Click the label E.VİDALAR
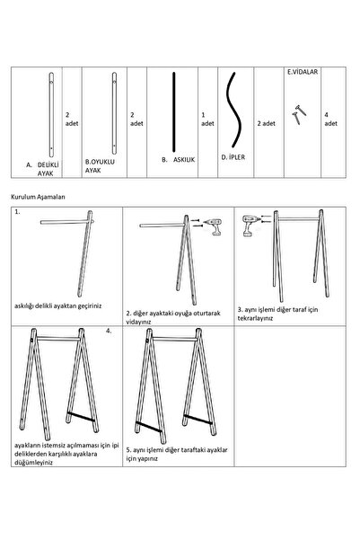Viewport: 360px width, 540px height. [x=303, y=72]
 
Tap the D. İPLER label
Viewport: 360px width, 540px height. [x=233, y=157]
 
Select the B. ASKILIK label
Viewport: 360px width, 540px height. [x=179, y=159]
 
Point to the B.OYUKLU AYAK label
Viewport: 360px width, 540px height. [x=101, y=166]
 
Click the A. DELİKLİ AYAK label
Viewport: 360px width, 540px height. [x=43, y=169]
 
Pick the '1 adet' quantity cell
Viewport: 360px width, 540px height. [x=207, y=120]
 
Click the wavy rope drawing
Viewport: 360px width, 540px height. [x=234, y=111]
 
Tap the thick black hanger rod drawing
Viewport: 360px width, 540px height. [x=174, y=112]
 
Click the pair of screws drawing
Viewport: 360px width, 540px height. [x=298, y=114]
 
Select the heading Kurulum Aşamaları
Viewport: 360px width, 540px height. [x=38, y=197]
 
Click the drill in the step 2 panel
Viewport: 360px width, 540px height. [x=214, y=226]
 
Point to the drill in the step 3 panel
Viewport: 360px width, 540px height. [x=250, y=226]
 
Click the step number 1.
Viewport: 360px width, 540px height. [x=17, y=212]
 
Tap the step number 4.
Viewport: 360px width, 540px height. [x=109, y=331]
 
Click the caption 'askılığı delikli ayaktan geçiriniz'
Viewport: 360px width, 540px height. [x=58, y=305]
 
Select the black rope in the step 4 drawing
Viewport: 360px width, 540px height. [x=81, y=416]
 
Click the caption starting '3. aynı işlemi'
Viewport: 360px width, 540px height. [x=277, y=314]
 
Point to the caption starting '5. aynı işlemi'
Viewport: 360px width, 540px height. [x=177, y=455]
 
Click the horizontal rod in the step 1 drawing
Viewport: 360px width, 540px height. [x=64, y=222]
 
